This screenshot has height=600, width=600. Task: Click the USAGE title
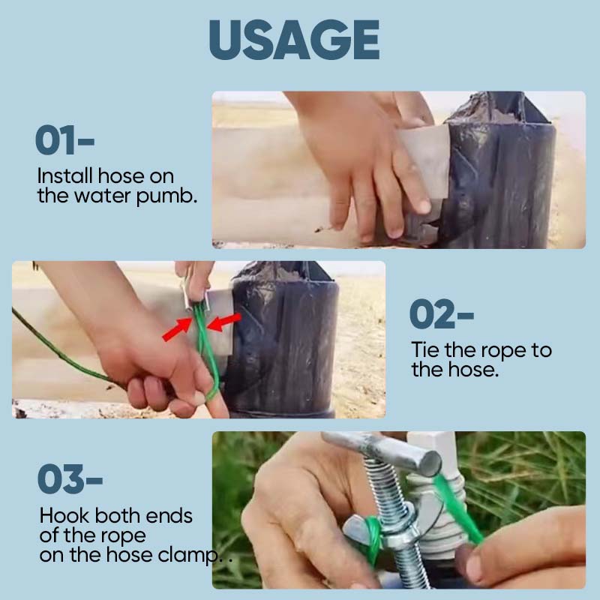(294, 40)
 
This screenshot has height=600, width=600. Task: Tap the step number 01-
(64, 139)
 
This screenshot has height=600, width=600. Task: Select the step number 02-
(442, 313)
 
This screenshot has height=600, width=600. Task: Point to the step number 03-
(70, 478)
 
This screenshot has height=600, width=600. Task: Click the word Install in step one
(65, 176)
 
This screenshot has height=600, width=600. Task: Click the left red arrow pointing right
(176, 329)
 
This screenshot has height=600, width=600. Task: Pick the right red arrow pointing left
(224, 322)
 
